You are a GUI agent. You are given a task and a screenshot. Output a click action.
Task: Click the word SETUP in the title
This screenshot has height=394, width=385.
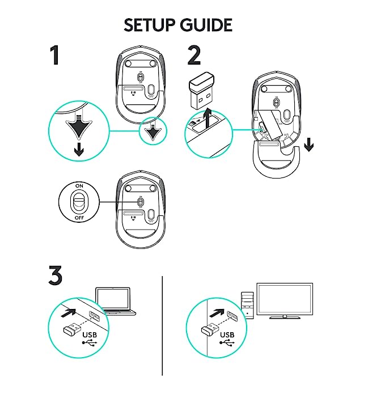[150, 25]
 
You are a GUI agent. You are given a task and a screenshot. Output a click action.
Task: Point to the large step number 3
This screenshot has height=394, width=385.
[55, 276]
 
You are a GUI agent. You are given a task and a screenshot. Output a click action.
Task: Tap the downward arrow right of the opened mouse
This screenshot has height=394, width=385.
[309, 146]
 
